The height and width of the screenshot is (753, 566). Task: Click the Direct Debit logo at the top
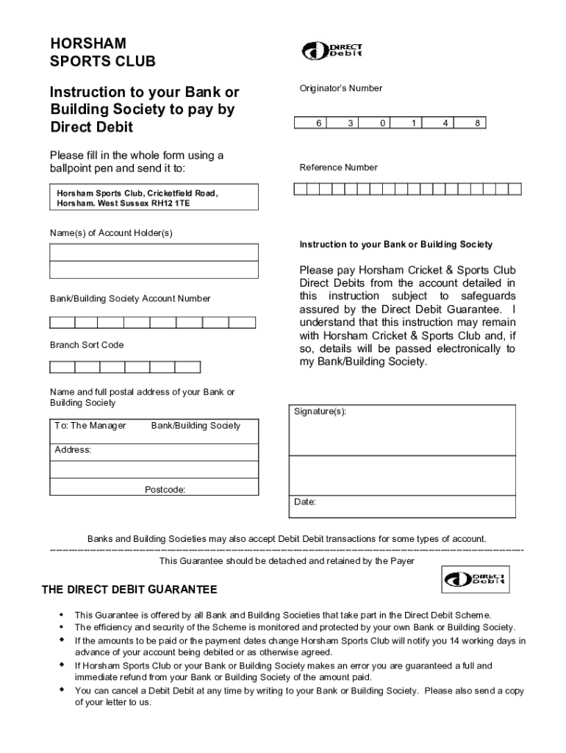click(332, 51)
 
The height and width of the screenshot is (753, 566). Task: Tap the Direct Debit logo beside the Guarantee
click(475, 579)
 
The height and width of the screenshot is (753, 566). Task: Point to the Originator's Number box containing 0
click(382, 124)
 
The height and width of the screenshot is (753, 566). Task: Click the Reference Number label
click(338, 168)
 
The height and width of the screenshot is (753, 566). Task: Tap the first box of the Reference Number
click(300, 189)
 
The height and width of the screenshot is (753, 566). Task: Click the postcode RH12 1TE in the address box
click(171, 203)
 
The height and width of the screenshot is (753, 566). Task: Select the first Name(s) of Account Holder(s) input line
click(154, 252)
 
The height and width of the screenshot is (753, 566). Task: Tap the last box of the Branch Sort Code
click(187, 367)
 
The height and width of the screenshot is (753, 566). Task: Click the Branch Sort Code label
click(87, 345)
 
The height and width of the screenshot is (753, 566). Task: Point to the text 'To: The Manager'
click(90, 426)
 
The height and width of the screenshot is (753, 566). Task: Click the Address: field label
click(73, 450)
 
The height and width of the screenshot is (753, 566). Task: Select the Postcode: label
click(165, 489)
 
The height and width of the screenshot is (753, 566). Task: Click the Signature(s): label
click(320, 412)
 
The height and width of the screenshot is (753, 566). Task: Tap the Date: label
click(305, 502)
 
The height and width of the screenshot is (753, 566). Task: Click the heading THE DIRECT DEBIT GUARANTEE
click(129, 590)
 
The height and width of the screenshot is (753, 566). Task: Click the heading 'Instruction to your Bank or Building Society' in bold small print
click(395, 244)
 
